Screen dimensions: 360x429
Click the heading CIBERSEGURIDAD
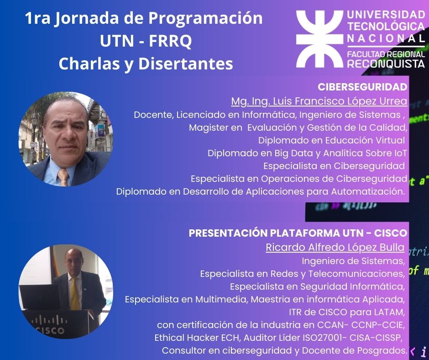click(x=362, y=87)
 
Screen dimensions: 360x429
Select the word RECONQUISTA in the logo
click(x=386, y=64)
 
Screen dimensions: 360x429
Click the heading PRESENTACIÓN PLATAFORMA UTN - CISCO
click(x=298, y=233)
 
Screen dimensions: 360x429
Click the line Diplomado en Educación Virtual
click(x=331, y=140)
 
